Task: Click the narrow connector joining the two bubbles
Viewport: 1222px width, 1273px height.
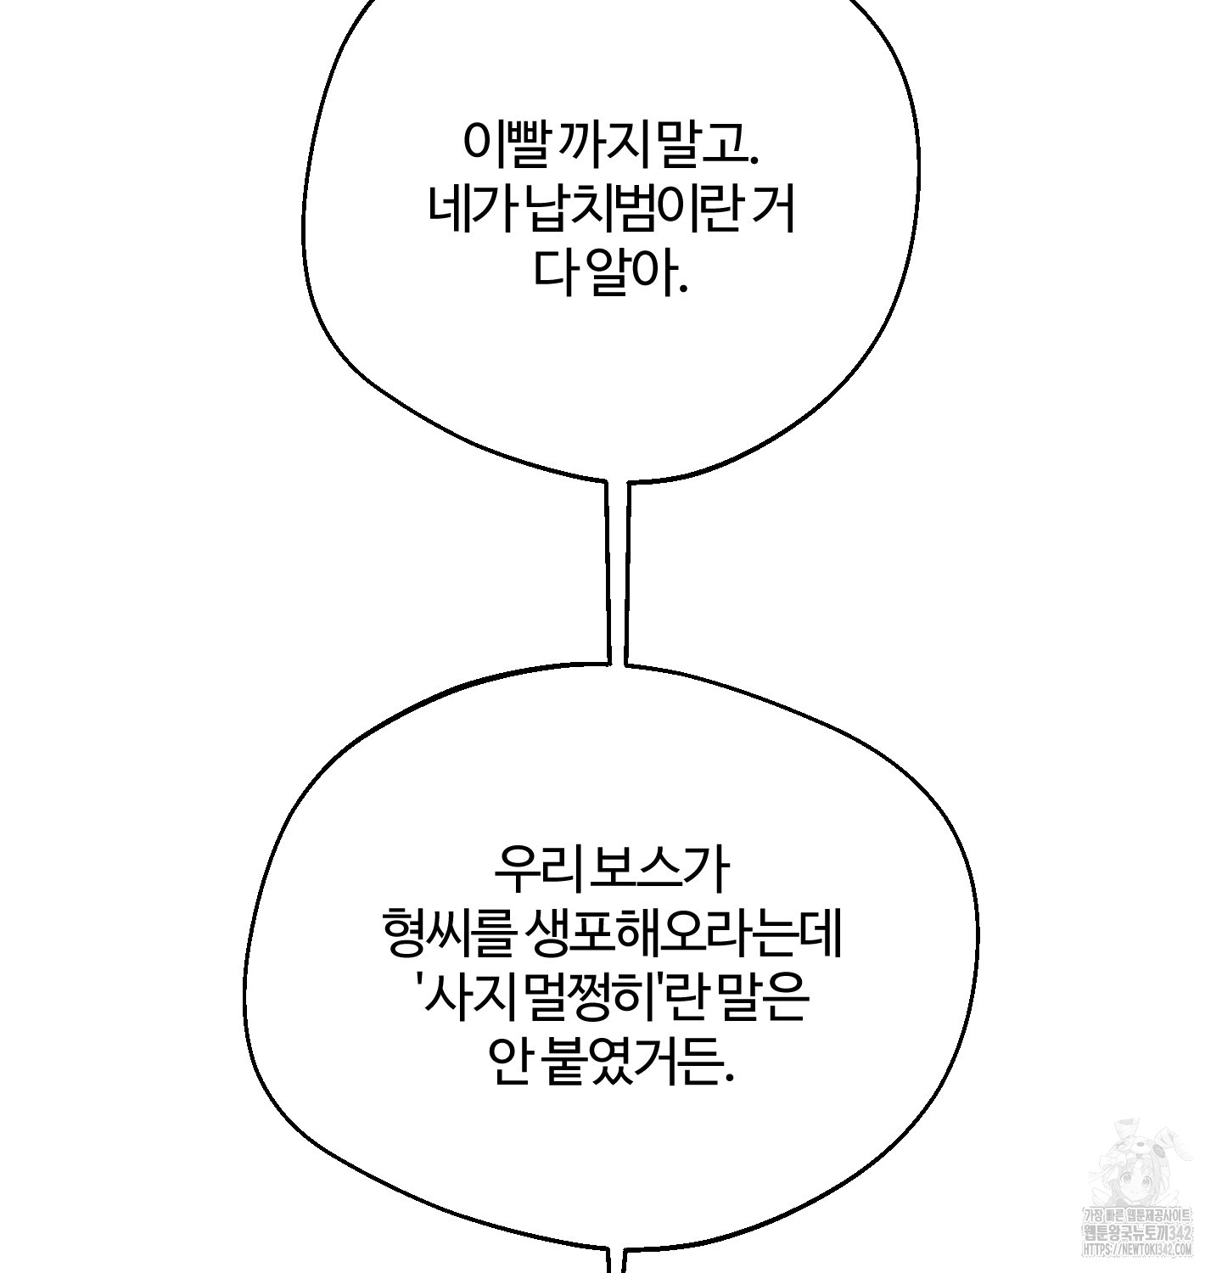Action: [x=617, y=573]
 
